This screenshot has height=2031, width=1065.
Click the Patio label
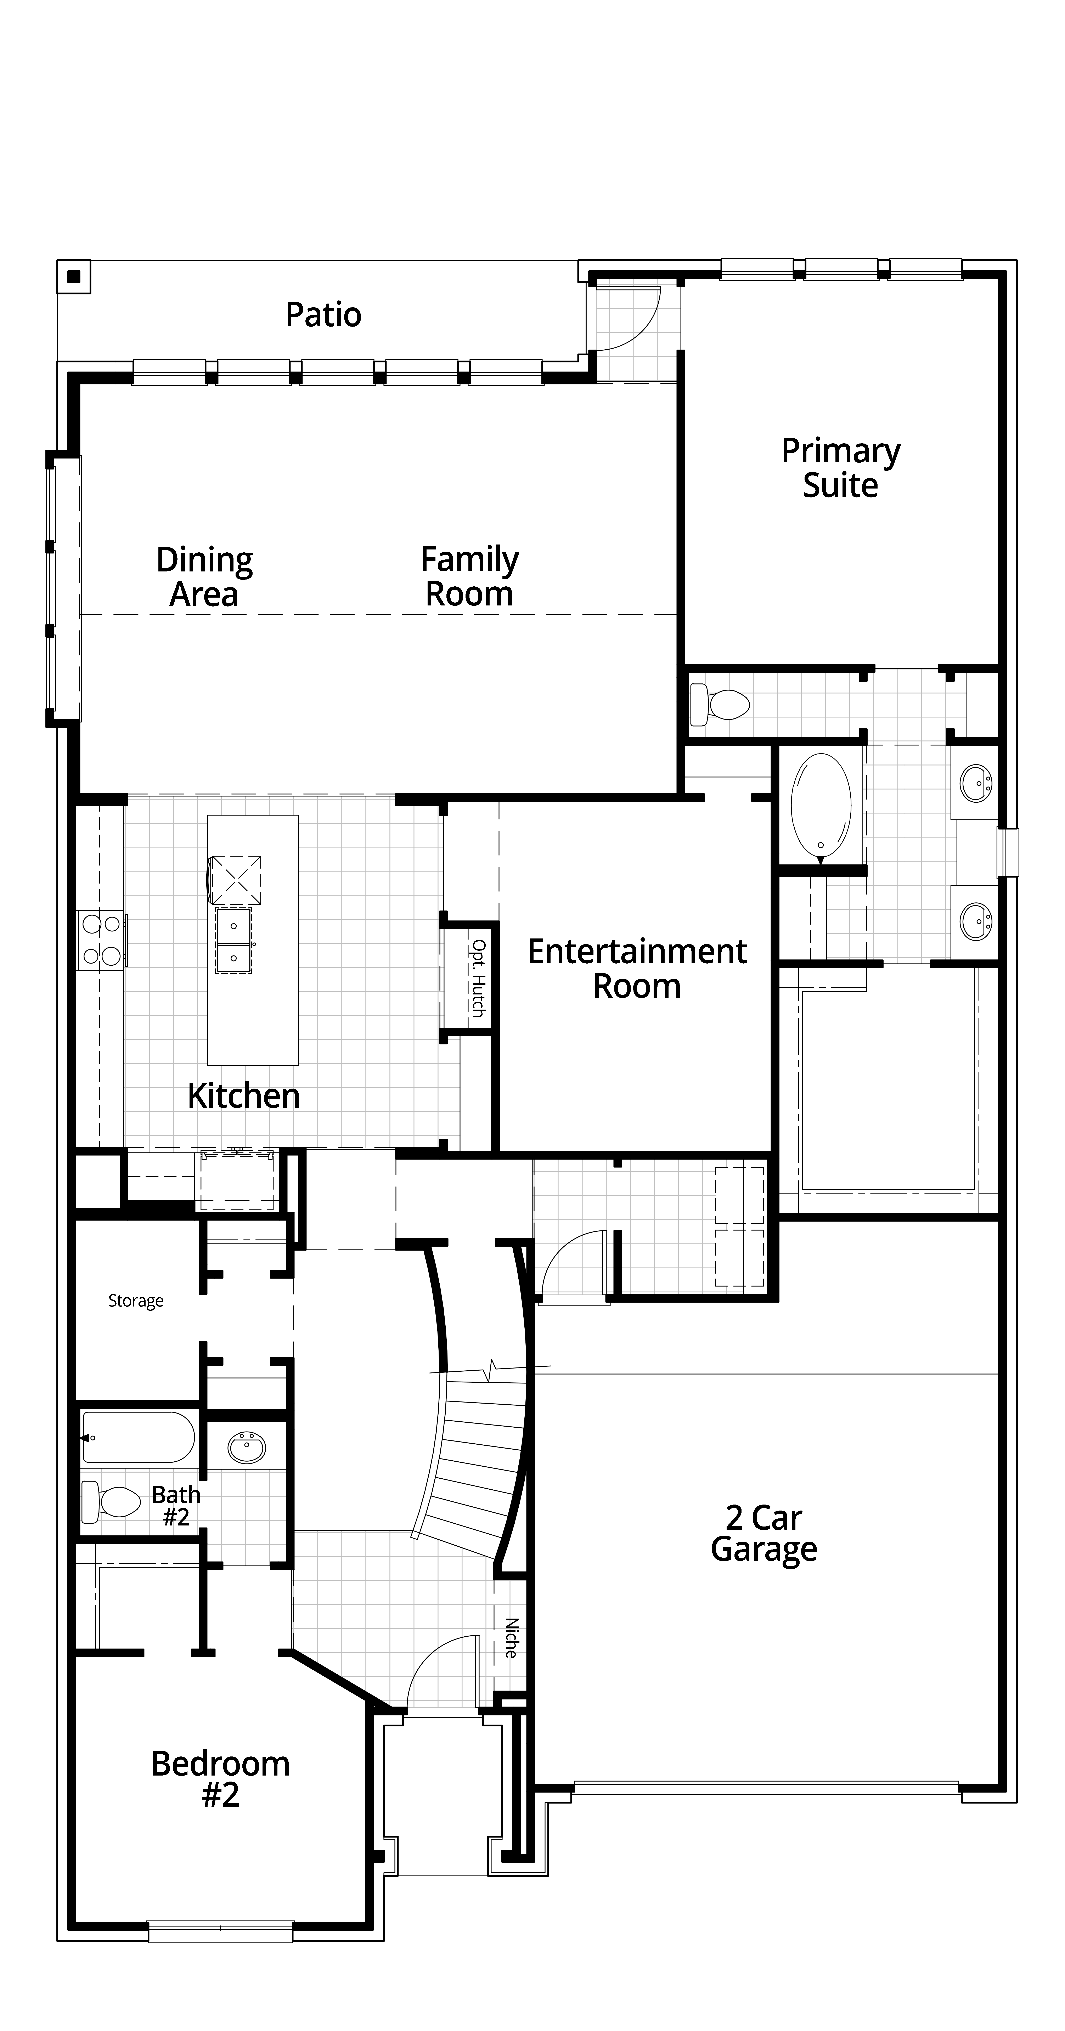(323, 315)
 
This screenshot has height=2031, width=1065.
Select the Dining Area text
(204, 576)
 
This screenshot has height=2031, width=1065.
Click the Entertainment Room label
(637, 968)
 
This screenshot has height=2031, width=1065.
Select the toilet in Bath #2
(110, 1502)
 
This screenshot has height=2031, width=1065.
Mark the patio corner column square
(74, 277)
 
